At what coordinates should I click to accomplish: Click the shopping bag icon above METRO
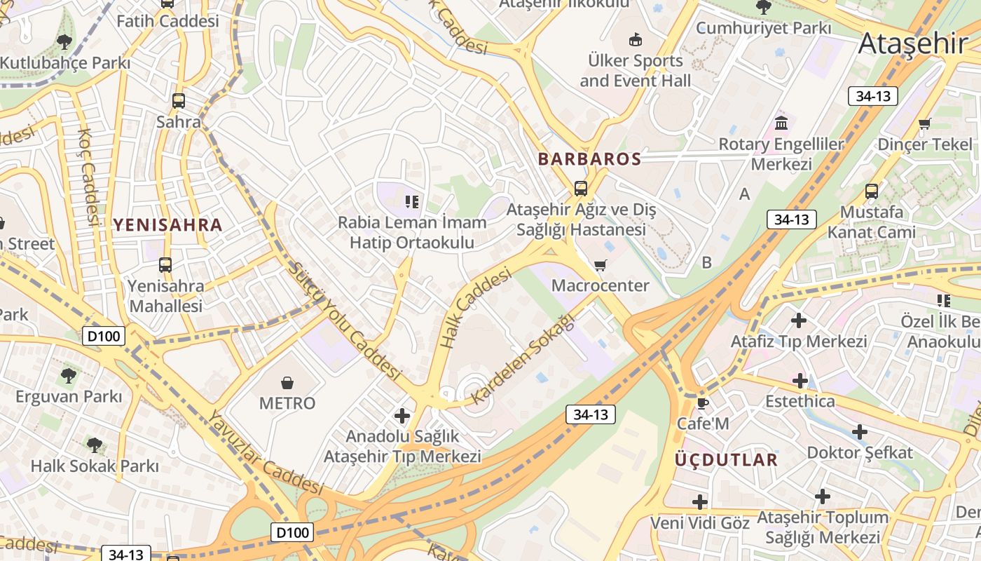point(287,382)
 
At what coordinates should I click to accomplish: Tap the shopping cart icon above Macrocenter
point(600,265)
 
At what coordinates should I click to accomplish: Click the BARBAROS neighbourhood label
point(589,159)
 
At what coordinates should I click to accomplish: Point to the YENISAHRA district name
point(167,225)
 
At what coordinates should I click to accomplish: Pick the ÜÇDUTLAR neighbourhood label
point(725,460)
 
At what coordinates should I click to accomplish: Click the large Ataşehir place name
point(912,43)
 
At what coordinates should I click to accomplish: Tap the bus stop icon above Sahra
point(179,100)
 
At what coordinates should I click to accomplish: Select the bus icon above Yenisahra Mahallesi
point(165,265)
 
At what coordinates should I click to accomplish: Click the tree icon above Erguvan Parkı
point(69,376)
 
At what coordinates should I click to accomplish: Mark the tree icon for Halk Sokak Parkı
point(94,445)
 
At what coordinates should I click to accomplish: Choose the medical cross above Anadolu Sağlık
point(402,416)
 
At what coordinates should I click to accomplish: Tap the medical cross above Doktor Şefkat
point(860,431)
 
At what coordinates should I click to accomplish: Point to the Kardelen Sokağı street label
point(522,359)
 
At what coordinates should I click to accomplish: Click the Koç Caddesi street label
point(88,176)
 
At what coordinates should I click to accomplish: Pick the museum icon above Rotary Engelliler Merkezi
point(781,124)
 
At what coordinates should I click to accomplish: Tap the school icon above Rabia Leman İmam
point(412,202)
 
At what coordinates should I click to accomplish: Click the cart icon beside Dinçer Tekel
point(924,124)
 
